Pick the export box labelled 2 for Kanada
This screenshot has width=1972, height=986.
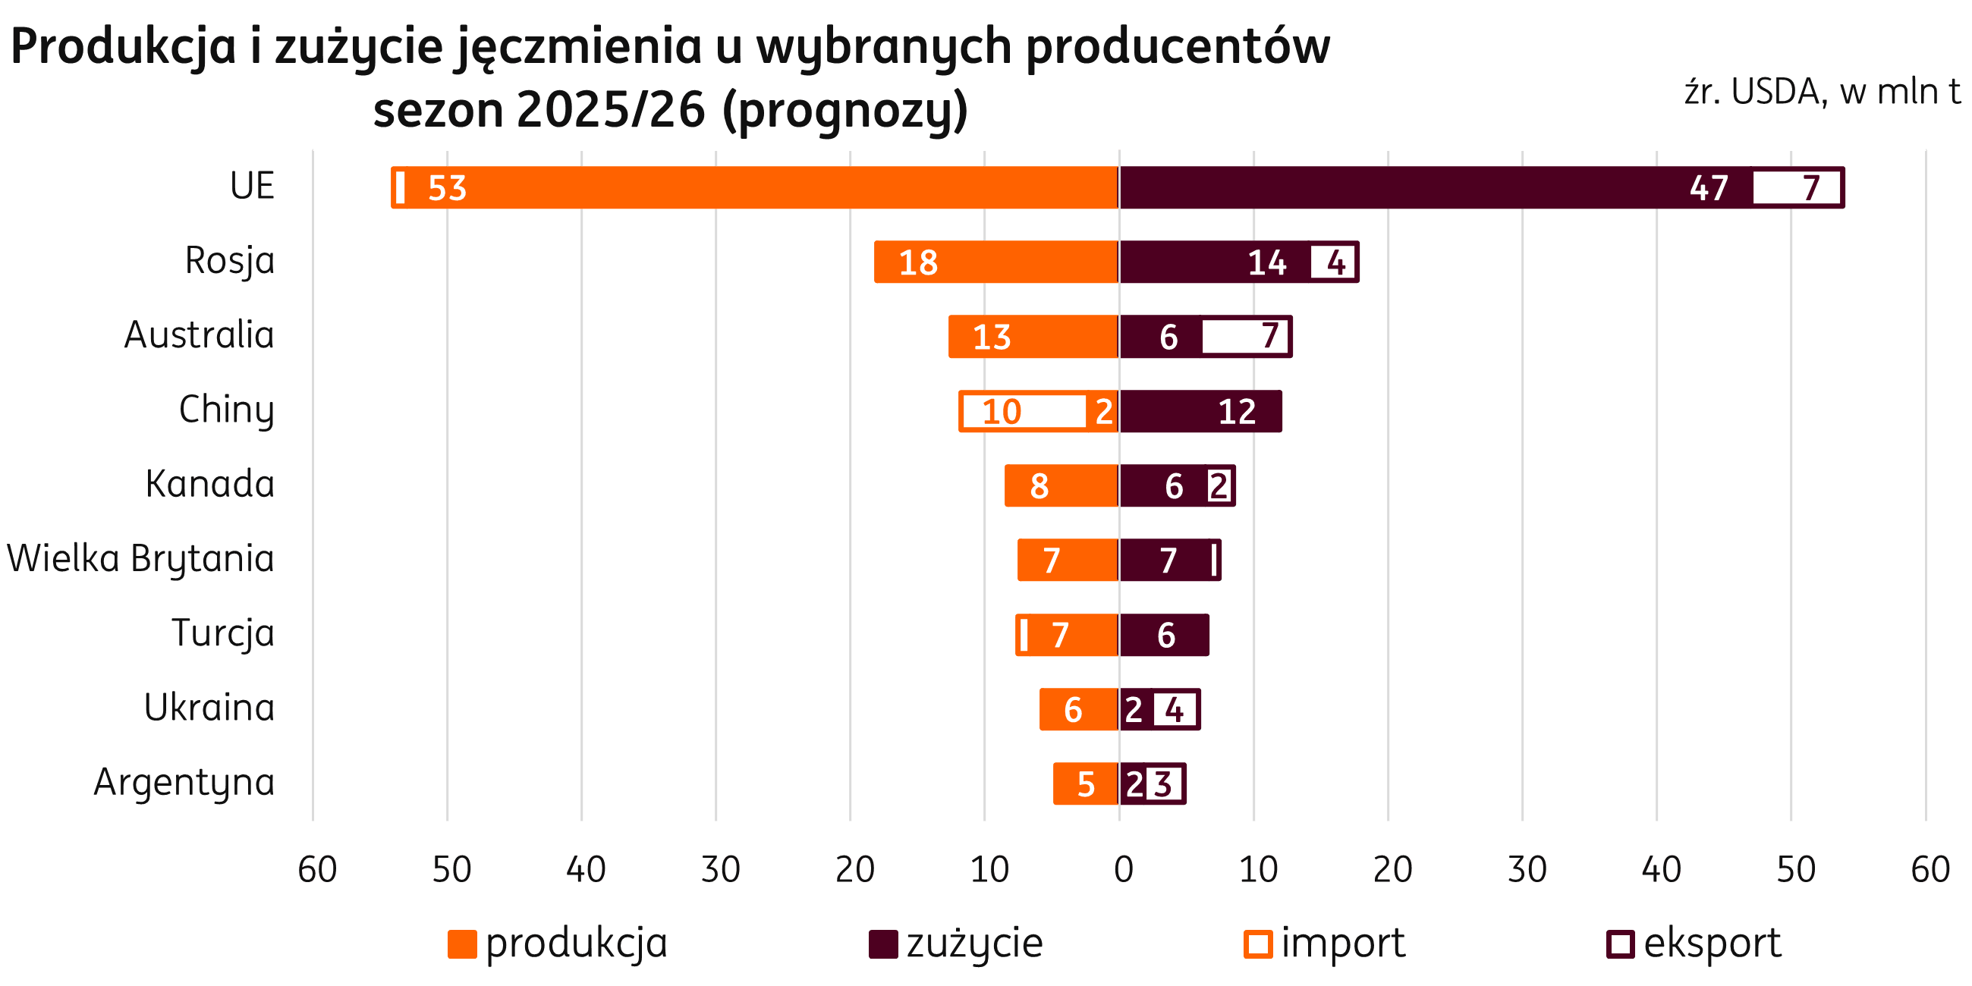(x=1219, y=486)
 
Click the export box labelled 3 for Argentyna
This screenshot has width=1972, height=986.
(x=1163, y=784)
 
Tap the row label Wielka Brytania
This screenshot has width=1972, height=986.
(x=141, y=559)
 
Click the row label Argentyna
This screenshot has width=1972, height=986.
(x=184, y=783)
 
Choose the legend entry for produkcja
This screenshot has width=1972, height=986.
(x=558, y=943)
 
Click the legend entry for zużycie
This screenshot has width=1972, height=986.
(x=957, y=943)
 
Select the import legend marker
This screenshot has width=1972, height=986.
(x=1258, y=944)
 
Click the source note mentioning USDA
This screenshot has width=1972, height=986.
(x=1822, y=93)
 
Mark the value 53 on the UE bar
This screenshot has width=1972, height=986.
(x=447, y=188)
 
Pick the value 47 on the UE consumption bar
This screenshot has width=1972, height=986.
(x=1709, y=188)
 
